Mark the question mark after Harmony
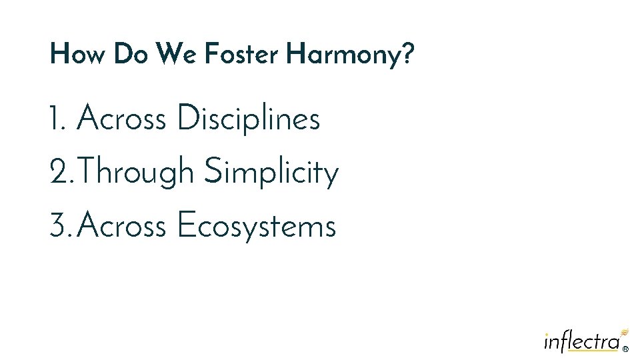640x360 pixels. tap(407, 54)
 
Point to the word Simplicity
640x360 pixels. tap(271, 173)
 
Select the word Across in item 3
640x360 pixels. tap(121, 226)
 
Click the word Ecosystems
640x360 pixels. tap(257, 227)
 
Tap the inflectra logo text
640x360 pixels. tap(581, 341)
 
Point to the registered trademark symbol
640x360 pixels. tap(625, 348)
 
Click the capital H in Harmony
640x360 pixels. tap(294, 54)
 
